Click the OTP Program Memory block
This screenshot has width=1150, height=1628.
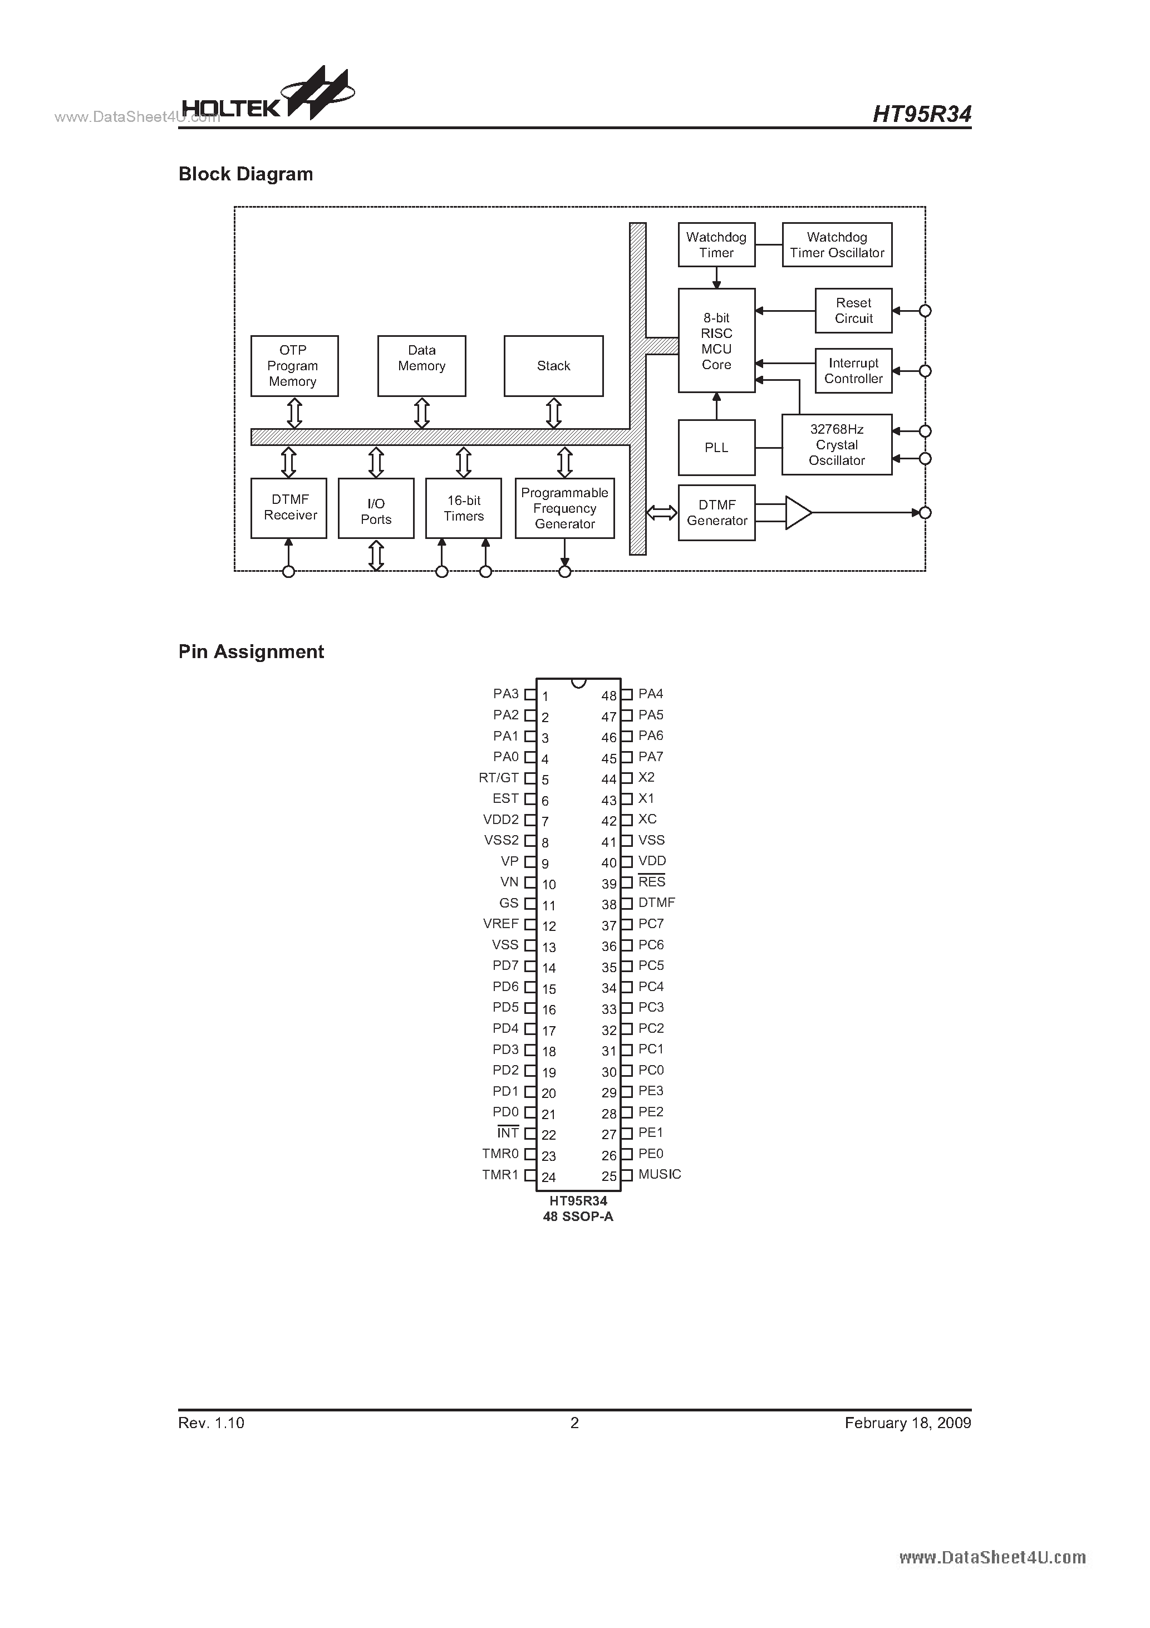click(x=294, y=366)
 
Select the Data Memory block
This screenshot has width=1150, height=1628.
click(x=421, y=366)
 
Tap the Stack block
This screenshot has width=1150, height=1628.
click(x=553, y=366)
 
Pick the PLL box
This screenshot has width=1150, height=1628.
click(x=716, y=448)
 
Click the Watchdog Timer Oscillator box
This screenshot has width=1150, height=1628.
click(x=837, y=244)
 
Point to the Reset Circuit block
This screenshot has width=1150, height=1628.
click(x=853, y=311)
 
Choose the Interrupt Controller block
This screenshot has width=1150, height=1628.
click(x=853, y=371)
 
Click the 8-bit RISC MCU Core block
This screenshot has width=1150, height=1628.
click(x=716, y=340)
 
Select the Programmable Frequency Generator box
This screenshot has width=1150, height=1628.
click(x=564, y=508)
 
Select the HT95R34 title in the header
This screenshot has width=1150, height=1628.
click(x=921, y=114)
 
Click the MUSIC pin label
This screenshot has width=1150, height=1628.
click(x=660, y=1174)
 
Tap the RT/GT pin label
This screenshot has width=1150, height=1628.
click(x=498, y=778)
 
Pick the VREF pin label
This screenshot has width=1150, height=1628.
click(x=500, y=924)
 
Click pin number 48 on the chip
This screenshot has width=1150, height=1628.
click(x=608, y=697)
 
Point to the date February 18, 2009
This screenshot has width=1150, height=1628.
click(x=907, y=1423)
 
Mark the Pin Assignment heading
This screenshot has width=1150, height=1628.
click(x=251, y=651)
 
